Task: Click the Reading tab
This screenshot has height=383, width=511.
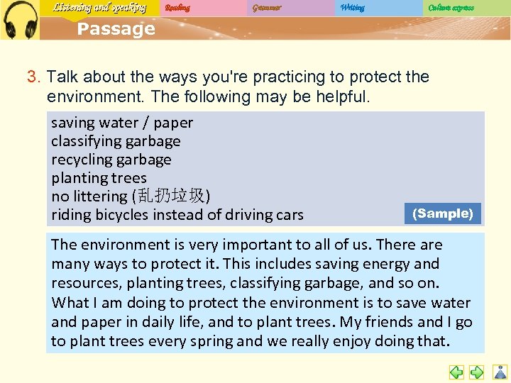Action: point(177,8)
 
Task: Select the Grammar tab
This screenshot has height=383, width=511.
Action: point(266,8)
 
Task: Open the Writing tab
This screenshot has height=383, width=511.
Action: point(352,8)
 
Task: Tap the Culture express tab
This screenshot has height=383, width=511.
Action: point(451,8)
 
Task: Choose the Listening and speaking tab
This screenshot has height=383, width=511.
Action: point(99,8)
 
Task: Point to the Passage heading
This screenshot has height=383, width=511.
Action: point(116,29)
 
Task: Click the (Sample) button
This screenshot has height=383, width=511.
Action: point(443,213)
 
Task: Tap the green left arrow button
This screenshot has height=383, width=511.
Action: point(457,372)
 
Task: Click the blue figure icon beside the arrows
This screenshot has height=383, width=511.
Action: point(500,372)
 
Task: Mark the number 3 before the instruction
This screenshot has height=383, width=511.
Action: point(32,77)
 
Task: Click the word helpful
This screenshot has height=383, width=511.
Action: point(340,96)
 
